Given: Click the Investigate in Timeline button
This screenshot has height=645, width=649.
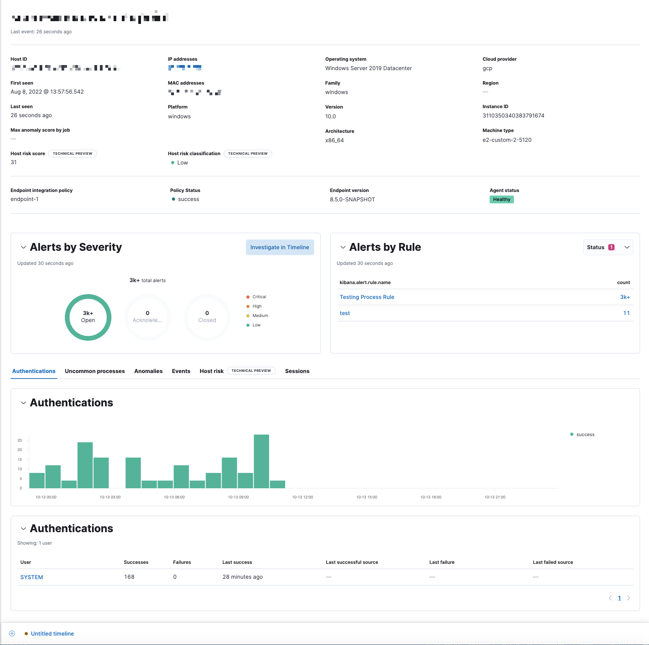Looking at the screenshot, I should point(280,247).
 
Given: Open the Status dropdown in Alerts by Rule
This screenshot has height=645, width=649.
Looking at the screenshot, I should point(607,247).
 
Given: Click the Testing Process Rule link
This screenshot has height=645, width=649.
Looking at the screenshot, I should point(367,297).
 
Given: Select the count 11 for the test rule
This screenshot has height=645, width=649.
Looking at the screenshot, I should point(626,313).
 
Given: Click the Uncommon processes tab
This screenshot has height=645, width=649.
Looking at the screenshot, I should point(95,371).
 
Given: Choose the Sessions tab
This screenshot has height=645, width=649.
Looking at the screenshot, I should point(297,371).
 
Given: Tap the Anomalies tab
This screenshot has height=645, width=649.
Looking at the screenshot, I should point(148,371).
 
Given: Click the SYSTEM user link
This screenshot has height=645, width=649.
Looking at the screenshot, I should point(32,577).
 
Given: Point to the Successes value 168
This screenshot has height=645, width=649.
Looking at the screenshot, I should point(129,577).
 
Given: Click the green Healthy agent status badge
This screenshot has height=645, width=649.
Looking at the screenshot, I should point(501,199).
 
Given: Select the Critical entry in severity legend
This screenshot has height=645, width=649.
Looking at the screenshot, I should point(259,297).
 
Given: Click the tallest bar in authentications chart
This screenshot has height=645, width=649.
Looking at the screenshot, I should point(261,461).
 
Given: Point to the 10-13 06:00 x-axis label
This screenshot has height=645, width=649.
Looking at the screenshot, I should point(174,497).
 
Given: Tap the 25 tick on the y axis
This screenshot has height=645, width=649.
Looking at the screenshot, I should point(20,440).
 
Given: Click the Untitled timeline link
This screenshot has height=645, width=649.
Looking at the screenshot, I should point(52,634).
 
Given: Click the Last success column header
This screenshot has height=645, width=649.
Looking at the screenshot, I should point(237,562).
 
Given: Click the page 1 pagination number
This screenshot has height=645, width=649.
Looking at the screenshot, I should point(619,598).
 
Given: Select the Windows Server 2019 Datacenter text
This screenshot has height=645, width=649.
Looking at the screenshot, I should point(368,68).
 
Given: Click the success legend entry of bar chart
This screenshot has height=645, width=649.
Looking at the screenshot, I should point(585,435).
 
